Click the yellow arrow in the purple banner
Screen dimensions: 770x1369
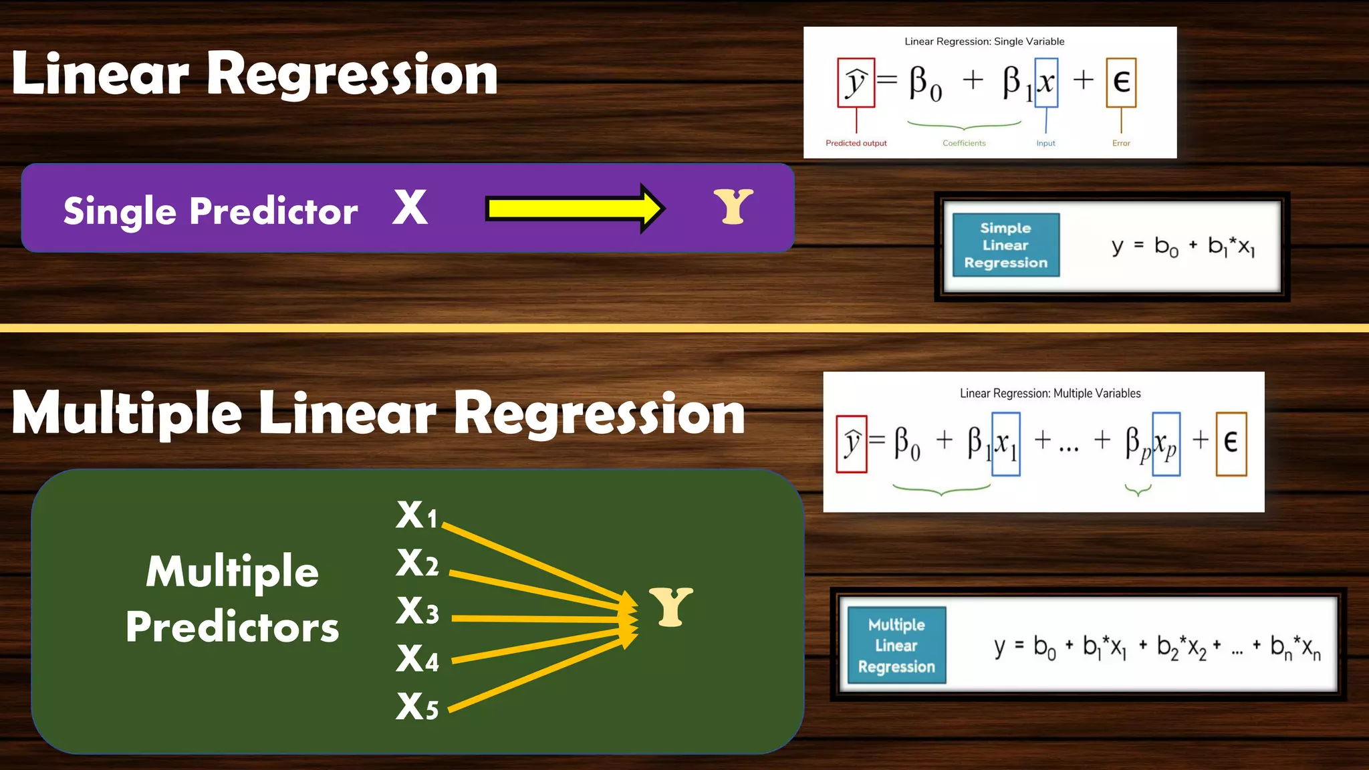click(575, 209)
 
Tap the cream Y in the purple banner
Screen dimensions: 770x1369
click(733, 207)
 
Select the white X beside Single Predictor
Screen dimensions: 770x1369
click(410, 207)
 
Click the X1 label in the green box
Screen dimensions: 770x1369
click(416, 515)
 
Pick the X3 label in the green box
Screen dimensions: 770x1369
click(417, 611)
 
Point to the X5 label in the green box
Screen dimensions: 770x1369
click(417, 707)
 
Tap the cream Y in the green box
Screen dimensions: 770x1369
click(671, 607)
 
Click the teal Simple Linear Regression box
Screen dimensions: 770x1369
click(1005, 245)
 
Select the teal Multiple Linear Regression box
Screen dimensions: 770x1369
click(896, 645)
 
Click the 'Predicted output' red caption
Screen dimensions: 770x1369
click(856, 143)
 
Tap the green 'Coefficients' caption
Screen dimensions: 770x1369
click(964, 143)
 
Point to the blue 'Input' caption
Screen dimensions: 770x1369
click(1045, 143)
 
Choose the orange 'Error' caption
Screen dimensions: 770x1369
click(1121, 143)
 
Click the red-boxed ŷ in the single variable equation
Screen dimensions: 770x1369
click(856, 83)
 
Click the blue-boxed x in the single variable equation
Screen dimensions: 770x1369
click(1046, 83)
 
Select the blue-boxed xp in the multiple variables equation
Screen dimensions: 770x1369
click(1166, 444)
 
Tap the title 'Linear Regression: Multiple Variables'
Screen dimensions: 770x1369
click(1050, 393)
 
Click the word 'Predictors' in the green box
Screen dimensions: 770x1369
click(233, 627)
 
